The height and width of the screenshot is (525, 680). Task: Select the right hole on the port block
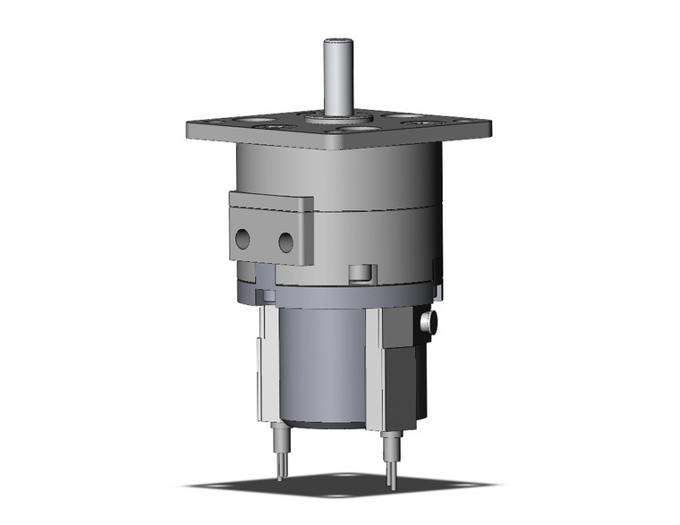point(285,241)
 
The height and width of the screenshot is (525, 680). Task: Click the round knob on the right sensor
point(427,322)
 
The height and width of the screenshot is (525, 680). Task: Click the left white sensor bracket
point(268,367)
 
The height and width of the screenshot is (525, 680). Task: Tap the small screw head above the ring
point(360,273)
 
